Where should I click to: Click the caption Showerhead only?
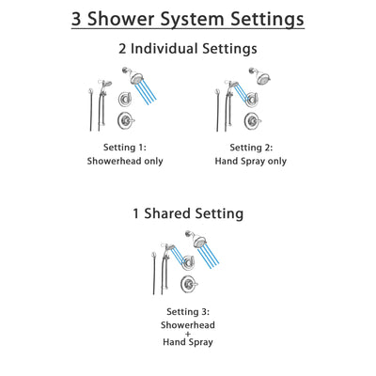coord(126,161)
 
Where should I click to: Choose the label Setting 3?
coord(188,311)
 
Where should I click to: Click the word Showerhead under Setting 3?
coord(188,324)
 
